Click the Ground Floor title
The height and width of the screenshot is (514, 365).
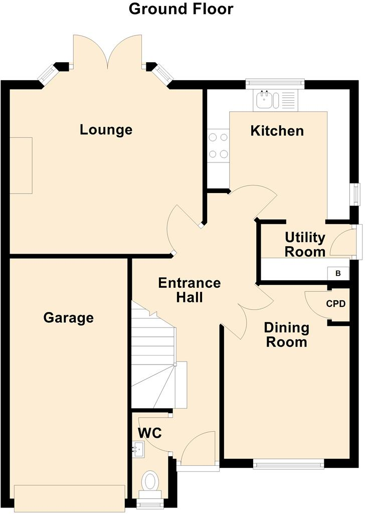181,9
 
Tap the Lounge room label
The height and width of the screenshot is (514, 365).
106,130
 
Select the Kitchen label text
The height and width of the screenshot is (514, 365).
277,131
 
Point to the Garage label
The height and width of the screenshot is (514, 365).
68,317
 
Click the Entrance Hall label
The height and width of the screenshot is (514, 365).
189,290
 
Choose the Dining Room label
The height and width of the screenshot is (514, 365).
286,335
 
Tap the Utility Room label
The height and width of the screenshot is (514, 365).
305,244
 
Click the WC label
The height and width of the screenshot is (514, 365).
149,432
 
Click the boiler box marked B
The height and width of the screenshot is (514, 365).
338,273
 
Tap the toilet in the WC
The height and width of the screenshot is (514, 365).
150,482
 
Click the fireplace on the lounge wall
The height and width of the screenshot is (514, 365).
21,165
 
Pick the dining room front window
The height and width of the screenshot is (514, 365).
288,465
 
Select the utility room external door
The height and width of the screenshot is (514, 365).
357,242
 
